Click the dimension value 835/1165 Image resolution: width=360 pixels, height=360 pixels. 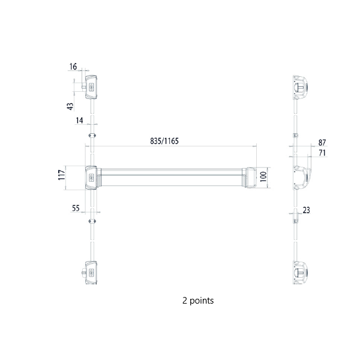(165, 141)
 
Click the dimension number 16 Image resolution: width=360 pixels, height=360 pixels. (73, 67)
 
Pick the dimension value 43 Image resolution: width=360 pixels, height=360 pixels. (71, 106)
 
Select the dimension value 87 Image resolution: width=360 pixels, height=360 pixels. (322, 143)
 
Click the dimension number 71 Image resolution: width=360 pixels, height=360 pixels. (322, 154)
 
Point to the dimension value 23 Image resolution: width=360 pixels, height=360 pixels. (307, 210)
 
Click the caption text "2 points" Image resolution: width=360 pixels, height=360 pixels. (197, 300)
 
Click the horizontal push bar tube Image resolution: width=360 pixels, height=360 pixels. (174, 178)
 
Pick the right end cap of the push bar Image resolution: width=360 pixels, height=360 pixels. (251, 178)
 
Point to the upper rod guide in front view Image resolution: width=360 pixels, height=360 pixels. (91, 135)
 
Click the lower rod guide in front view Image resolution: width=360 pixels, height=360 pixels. (91, 221)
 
